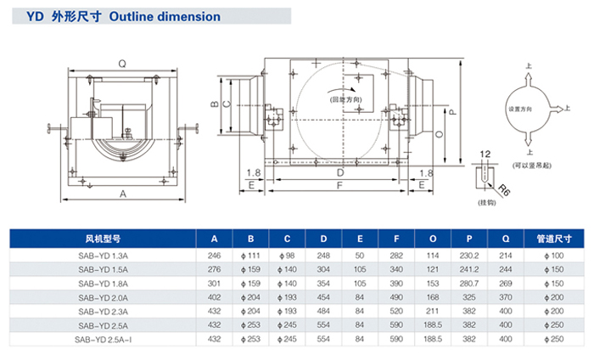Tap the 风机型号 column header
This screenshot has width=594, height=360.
pos(104,239)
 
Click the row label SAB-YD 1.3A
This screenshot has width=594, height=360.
pos(104,255)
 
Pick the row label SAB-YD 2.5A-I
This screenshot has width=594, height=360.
pos(104,340)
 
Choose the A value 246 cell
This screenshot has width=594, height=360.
pos(214,255)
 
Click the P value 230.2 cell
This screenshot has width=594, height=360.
pos(469,255)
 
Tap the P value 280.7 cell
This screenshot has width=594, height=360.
pos(469,283)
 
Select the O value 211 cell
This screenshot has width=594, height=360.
pos(433,312)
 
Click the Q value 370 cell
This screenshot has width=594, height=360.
pos(506,297)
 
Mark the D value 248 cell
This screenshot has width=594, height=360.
pos(323,255)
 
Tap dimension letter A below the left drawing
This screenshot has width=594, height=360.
pos(124,194)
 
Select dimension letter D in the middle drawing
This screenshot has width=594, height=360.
pos(339,171)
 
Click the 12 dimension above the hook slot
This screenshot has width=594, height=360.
pos(484,153)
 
